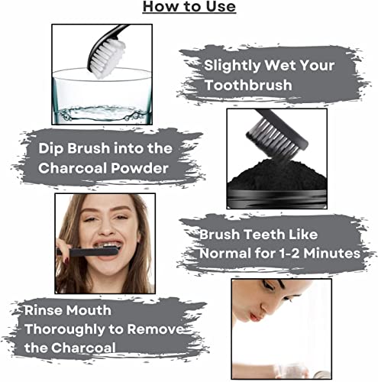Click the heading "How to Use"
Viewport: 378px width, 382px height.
(x=189, y=8)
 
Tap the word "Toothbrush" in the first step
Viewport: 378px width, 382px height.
(x=247, y=86)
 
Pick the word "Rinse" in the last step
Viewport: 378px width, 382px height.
(x=46, y=311)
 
